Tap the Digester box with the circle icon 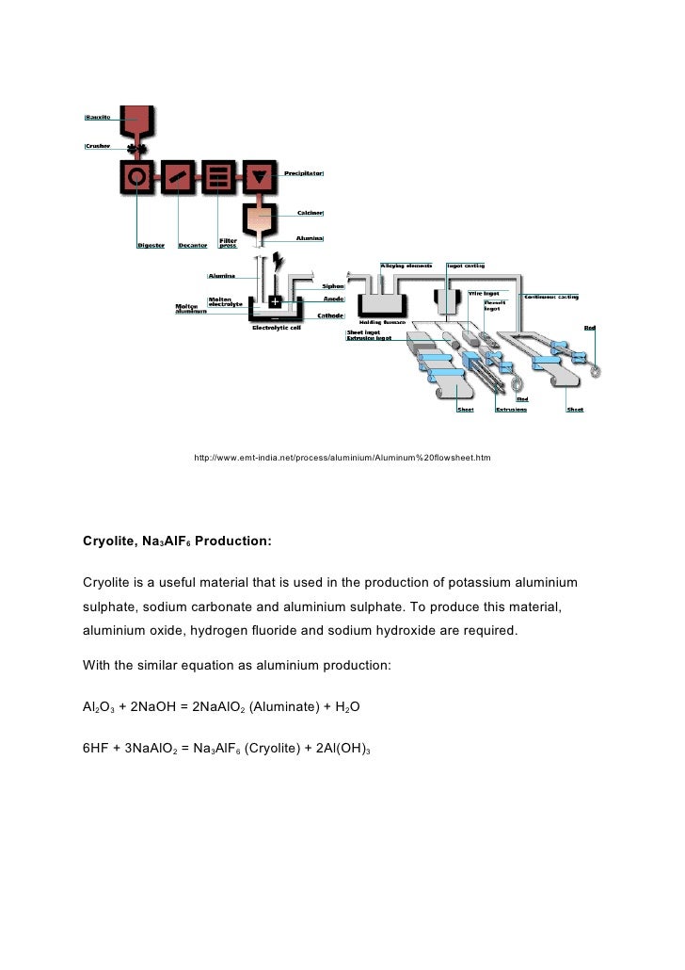click(137, 176)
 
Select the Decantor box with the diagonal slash click(177, 176)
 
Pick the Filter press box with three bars click(217, 176)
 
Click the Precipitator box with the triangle click(257, 176)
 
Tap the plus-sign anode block click(275, 302)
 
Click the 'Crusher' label click(97, 145)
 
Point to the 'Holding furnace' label click(382, 321)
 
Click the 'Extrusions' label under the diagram click(512, 410)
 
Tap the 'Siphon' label click(333, 285)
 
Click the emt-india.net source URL click(342, 458)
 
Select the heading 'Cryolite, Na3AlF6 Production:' click(177, 542)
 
